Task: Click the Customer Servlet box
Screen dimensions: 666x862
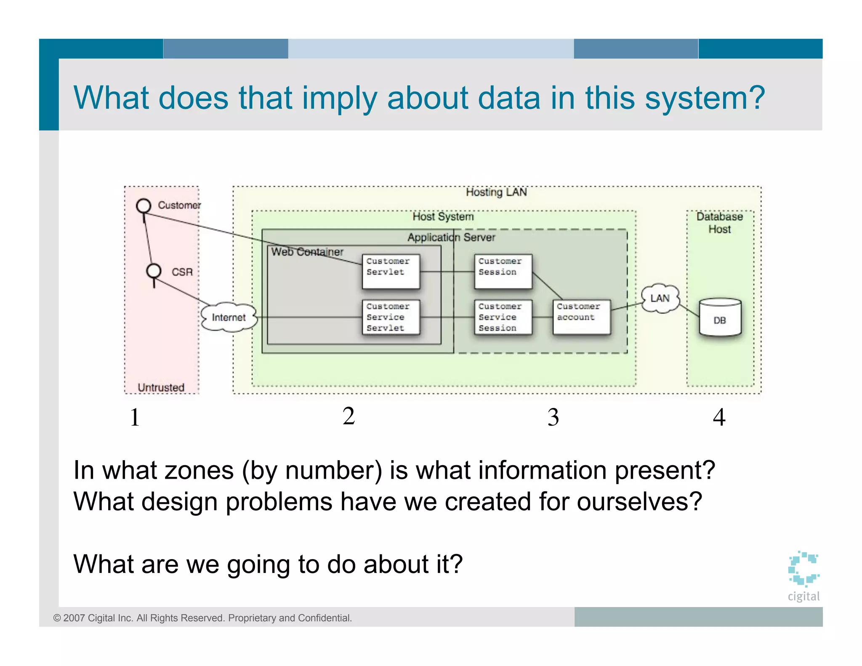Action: pyautogui.click(x=391, y=271)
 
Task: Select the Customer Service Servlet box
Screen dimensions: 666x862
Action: pyautogui.click(x=391, y=317)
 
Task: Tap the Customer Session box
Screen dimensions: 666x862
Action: pyautogui.click(x=503, y=271)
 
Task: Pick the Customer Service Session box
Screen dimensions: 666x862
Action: pyautogui.click(x=503, y=317)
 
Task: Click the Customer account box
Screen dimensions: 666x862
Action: pyautogui.click(x=581, y=317)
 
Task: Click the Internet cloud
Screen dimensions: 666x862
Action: pyautogui.click(x=229, y=317)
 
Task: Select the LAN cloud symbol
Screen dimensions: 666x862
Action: pyautogui.click(x=660, y=298)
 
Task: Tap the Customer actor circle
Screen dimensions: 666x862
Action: pyautogui.click(x=144, y=206)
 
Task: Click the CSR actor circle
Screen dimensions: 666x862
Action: pyautogui.click(x=154, y=271)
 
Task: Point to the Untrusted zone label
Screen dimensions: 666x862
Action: pyautogui.click(x=161, y=387)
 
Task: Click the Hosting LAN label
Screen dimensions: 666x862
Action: pyautogui.click(x=496, y=192)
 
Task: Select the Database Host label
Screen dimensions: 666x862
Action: pyautogui.click(x=719, y=223)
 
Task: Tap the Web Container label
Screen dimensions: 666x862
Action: pyautogui.click(x=307, y=252)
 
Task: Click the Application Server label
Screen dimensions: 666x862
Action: pyautogui.click(x=451, y=237)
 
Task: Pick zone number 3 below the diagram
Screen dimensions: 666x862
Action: pyautogui.click(x=553, y=417)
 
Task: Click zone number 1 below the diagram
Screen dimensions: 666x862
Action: pyautogui.click(x=135, y=417)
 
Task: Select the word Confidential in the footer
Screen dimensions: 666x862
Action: pyautogui.click(x=325, y=618)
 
